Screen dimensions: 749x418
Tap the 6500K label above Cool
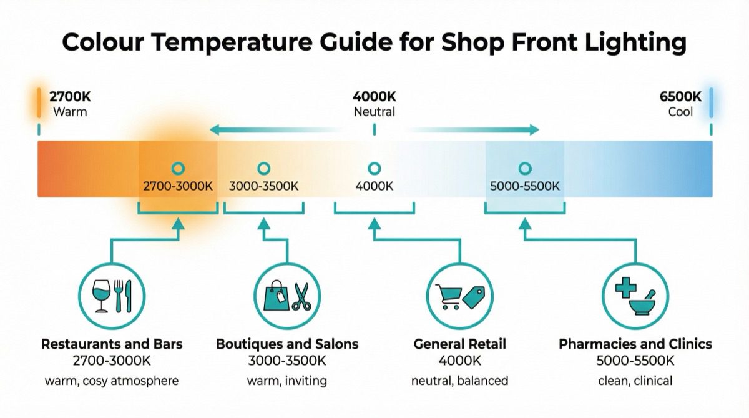point(680,97)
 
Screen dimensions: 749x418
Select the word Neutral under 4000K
point(374,112)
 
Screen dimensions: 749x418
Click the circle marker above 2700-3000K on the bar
point(178,168)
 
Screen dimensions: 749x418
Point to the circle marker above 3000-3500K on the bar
point(263,168)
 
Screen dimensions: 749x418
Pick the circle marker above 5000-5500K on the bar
point(525,168)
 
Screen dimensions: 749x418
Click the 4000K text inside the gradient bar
point(374,186)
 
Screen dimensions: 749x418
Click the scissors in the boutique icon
point(301,296)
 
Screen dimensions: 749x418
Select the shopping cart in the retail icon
point(451,296)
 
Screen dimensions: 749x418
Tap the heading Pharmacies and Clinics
point(635,344)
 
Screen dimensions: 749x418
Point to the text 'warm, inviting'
point(286,381)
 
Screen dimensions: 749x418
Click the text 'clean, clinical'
point(635,381)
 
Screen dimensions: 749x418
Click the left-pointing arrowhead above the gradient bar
point(213,130)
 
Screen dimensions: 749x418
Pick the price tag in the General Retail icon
point(474,294)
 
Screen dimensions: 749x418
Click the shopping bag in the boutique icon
point(276,296)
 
